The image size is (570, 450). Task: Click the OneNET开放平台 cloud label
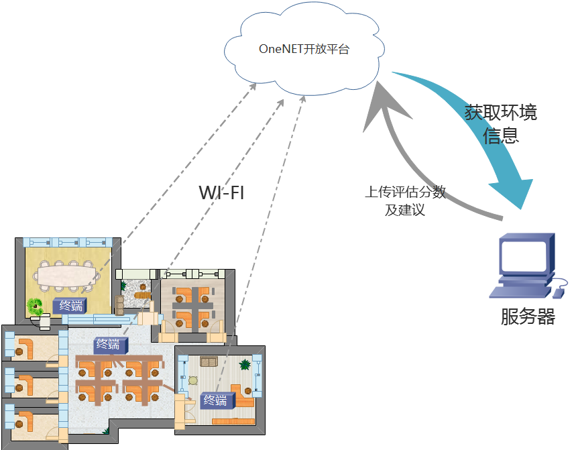[x=304, y=50]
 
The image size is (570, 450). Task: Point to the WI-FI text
[x=221, y=193]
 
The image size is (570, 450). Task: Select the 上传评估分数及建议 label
[x=405, y=201]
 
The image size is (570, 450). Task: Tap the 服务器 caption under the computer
[x=528, y=317]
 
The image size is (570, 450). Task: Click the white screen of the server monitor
[x=523, y=256]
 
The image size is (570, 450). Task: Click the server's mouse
[x=557, y=292]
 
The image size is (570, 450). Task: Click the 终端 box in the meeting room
[x=69, y=306]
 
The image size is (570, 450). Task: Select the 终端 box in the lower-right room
[x=216, y=400]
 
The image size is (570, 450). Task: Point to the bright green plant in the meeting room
[x=35, y=307]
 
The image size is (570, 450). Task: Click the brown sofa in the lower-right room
[x=210, y=362]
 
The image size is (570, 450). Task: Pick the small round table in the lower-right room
[x=193, y=380]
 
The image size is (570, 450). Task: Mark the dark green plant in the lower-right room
[x=245, y=365]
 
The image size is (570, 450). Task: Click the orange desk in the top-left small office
[x=27, y=348]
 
